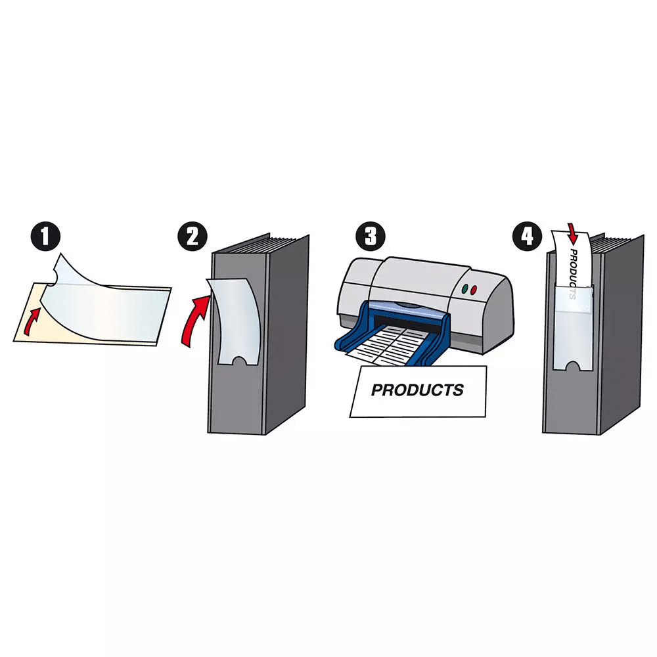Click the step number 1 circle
point(46,236)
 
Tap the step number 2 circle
point(193,236)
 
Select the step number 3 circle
point(371,236)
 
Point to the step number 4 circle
point(527,236)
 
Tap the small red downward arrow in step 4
point(573,235)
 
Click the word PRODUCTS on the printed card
point(417,390)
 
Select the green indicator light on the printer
point(464,289)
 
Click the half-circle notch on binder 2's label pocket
point(240,361)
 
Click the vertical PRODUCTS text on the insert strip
point(573,273)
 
